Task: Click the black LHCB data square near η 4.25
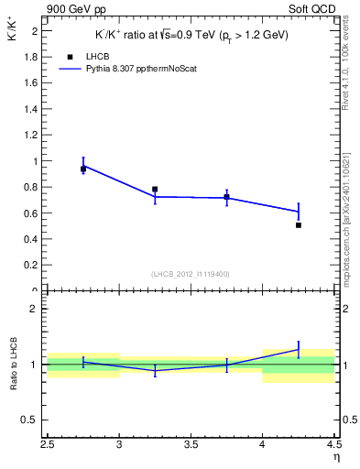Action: pos(299,224)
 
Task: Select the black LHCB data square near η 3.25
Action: pos(155,190)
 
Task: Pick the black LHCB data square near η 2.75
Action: pos(83,169)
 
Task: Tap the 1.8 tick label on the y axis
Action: pos(30,56)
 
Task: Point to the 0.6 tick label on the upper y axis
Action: pos(30,213)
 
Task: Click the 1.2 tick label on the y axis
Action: pos(30,135)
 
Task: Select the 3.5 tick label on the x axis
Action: pos(191,445)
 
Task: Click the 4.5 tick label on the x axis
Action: pos(333,445)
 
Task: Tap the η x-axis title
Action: pos(336,458)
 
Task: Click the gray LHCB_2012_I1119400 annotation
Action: pos(191,274)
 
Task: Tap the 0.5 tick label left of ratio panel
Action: pos(30,420)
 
